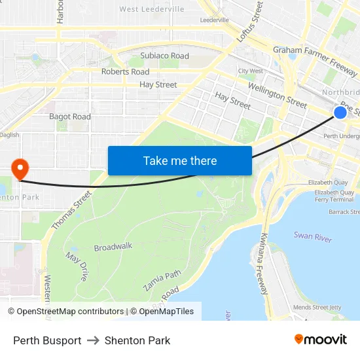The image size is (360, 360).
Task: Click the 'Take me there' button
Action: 180,160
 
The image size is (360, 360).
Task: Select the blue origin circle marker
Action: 340,113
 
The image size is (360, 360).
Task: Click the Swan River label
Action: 313,236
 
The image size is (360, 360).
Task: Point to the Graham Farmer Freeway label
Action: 315,56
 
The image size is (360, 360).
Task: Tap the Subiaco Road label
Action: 164,56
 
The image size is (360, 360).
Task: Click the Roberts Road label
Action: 125,71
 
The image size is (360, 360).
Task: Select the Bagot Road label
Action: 70,117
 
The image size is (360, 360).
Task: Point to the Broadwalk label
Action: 113,247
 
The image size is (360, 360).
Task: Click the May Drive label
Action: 76,267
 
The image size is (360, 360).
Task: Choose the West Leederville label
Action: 152,9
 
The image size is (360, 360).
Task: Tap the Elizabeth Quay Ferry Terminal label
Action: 334,196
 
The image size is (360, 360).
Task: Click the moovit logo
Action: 321,340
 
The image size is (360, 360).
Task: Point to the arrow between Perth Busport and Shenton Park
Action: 93,340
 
